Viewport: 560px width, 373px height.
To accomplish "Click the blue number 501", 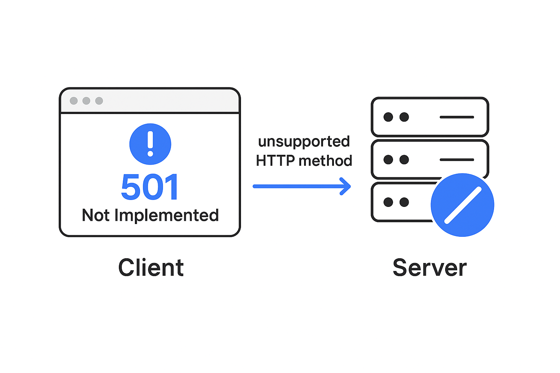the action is point(150,187).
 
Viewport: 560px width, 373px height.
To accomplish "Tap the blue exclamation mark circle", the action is point(150,144).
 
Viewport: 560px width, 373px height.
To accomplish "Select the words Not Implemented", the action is point(150,215).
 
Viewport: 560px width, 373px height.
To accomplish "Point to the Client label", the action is point(151,268).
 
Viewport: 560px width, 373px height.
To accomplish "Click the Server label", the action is point(430,268).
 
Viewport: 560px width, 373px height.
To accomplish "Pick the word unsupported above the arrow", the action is point(304,142).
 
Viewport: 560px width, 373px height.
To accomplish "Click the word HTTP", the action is point(275,160).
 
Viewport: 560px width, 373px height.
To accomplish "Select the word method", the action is point(326,160).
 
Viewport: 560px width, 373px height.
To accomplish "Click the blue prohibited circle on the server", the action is point(462,205).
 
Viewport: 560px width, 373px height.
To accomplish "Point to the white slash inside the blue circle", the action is point(463,205).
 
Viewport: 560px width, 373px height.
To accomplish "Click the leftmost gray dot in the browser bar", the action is point(74,101).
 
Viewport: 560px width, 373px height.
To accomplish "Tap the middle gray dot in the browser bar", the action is point(86,101).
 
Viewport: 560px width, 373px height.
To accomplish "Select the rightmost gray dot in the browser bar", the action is point(99,101).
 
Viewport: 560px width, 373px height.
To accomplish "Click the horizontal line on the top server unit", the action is point(457,117).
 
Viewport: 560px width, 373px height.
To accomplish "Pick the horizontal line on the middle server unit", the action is point(457,160).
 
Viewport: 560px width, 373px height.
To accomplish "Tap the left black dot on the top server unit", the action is point(388,117).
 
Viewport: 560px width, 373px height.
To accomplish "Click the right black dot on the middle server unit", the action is point(404,160).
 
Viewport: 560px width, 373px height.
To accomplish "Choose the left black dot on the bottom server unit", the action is point(388,202).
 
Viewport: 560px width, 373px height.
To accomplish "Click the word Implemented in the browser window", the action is point(167,215).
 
